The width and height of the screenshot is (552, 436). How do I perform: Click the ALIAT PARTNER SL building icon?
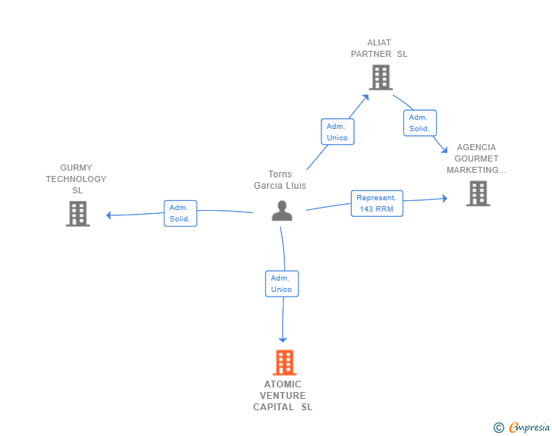[x=380, y=77]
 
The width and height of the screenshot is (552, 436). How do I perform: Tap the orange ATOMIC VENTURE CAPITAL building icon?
[x=284, y=362]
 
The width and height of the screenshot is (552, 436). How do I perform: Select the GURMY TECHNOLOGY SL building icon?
[x=77, y=214]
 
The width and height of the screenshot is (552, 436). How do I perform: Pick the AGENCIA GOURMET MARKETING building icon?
[x=478, y=193]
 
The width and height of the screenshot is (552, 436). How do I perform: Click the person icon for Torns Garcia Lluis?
[x=282, y=211]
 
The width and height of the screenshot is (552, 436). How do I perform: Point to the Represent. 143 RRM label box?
[x=377, y=203]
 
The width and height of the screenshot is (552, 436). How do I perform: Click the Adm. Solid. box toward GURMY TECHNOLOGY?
[x=180, y=213]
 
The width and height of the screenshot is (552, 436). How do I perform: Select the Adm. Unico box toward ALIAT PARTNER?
[x=337, y=132]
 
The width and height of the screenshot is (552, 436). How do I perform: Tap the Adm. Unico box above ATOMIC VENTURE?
[x=281, y=284]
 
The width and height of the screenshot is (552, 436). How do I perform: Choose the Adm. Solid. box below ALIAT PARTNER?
[x=419, y=123]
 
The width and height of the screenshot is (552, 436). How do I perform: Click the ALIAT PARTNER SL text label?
[x=379, y=49]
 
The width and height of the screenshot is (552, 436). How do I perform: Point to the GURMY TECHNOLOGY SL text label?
[x=77, y=179]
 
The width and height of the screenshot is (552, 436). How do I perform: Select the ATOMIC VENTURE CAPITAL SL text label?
[x=283, y=396]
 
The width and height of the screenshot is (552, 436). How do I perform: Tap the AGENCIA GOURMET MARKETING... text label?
[x=476, y=158]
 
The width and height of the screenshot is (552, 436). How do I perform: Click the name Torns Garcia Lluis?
[x=280, y=180]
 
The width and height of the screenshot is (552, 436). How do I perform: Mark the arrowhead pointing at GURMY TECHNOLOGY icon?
[x=109, y=215]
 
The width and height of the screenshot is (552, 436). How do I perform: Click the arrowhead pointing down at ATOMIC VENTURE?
[x=284, y=340]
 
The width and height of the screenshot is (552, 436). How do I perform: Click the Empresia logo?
[x=529, y=427]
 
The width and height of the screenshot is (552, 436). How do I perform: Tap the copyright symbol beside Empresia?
[x=499, y=428]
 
